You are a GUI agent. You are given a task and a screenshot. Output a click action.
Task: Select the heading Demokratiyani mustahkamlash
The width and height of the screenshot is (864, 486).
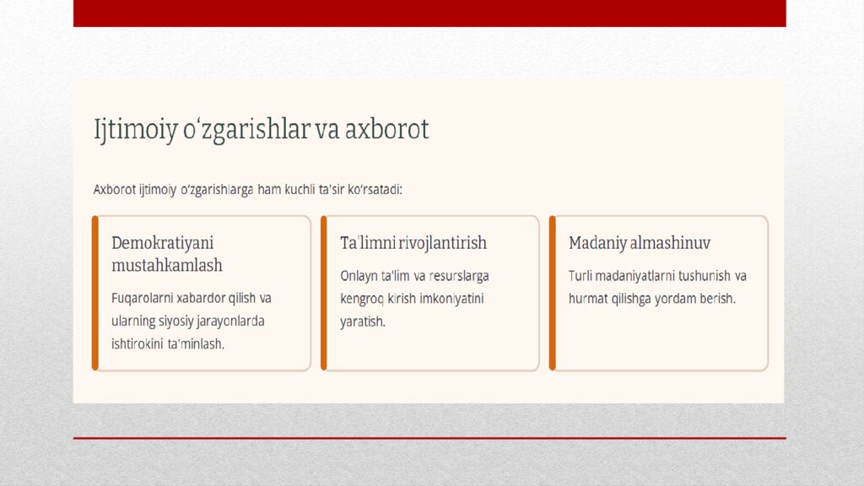click(167, 253)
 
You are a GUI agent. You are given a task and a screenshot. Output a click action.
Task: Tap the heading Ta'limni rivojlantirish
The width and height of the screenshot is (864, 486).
click(413, 243)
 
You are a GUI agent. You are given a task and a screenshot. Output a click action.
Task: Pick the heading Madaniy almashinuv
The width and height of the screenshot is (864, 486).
click(639, 243)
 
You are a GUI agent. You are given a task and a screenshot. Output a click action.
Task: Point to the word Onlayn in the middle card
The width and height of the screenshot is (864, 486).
click(360, 276)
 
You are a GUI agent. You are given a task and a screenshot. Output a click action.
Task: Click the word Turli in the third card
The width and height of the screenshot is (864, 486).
click(582, 276)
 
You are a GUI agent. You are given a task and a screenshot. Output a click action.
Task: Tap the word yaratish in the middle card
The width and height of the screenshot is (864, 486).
click(362, 321)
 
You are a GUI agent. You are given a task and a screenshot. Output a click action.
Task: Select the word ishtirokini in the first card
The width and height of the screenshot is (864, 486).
click(139, 343)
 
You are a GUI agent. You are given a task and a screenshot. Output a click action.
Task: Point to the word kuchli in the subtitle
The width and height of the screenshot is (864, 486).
click(299, 189)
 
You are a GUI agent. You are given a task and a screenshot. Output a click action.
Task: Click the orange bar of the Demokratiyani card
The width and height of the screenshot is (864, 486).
click(95, 293)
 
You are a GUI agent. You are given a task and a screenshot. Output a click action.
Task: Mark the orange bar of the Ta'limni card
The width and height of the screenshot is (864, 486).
click(324, 293)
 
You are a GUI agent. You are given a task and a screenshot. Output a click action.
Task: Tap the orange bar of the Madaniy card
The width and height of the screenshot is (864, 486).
click(552, 293)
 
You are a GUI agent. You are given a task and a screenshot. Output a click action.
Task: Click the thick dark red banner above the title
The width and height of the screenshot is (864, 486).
click(429, 13)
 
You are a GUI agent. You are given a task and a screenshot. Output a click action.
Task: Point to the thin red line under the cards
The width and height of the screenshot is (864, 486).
click(429, 438)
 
